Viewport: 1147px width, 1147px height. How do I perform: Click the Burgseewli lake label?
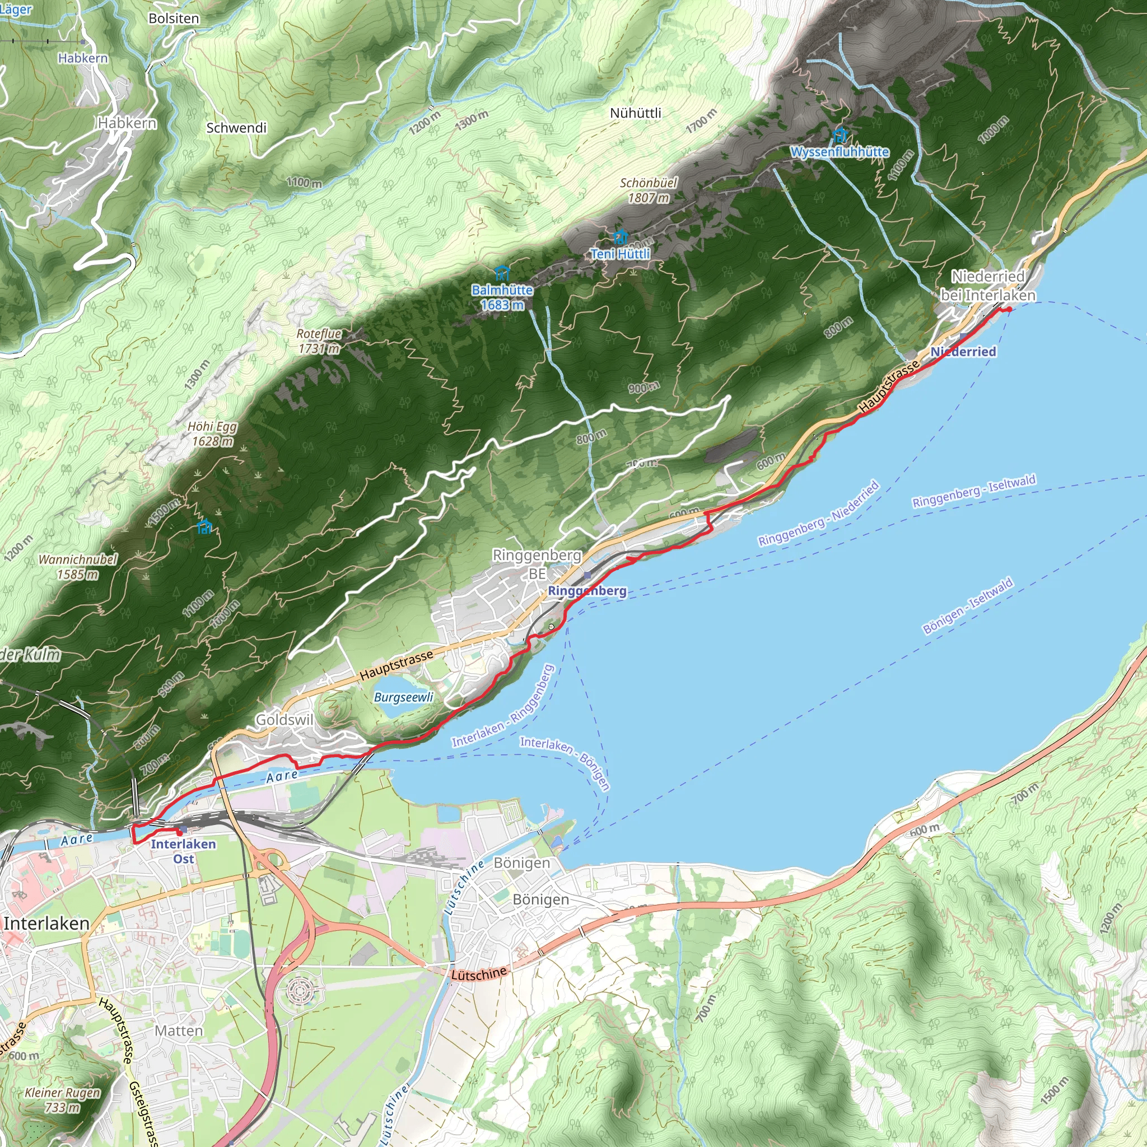(x=404, y=697)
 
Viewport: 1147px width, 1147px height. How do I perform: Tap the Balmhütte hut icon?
(x=502, y=273)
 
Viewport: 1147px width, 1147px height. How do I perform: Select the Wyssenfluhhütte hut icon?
(x=840, y=136)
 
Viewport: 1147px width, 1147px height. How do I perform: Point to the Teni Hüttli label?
(x=621, y=254)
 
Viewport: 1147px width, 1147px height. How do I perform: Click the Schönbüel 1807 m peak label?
(x=649, y=190)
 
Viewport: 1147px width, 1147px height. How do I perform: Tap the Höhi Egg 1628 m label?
(x=212, y=433)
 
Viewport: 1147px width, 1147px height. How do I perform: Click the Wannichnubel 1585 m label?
(x=78, y=566)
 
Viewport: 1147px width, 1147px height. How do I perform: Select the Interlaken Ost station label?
(x=184, y=851)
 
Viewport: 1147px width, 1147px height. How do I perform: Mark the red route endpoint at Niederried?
(x=1009, y=309)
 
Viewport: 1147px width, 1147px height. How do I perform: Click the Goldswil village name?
(x=285, y=720)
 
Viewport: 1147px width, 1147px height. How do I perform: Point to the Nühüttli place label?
(x=635, y=113)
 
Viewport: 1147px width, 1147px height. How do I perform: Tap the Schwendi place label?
(x=236, y=128)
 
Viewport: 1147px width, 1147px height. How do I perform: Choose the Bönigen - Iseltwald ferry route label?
(x=968, y=606)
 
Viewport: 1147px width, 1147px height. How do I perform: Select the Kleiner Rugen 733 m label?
(x=62, y=1099)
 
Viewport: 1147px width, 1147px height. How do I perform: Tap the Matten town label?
(x=179, y=1031)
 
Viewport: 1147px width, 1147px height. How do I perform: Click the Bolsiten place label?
(x=174, y=18)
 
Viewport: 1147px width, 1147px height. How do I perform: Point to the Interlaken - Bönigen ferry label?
(x=565, y=763)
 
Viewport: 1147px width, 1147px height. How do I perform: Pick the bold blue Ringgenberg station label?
(x=586, y=591)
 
